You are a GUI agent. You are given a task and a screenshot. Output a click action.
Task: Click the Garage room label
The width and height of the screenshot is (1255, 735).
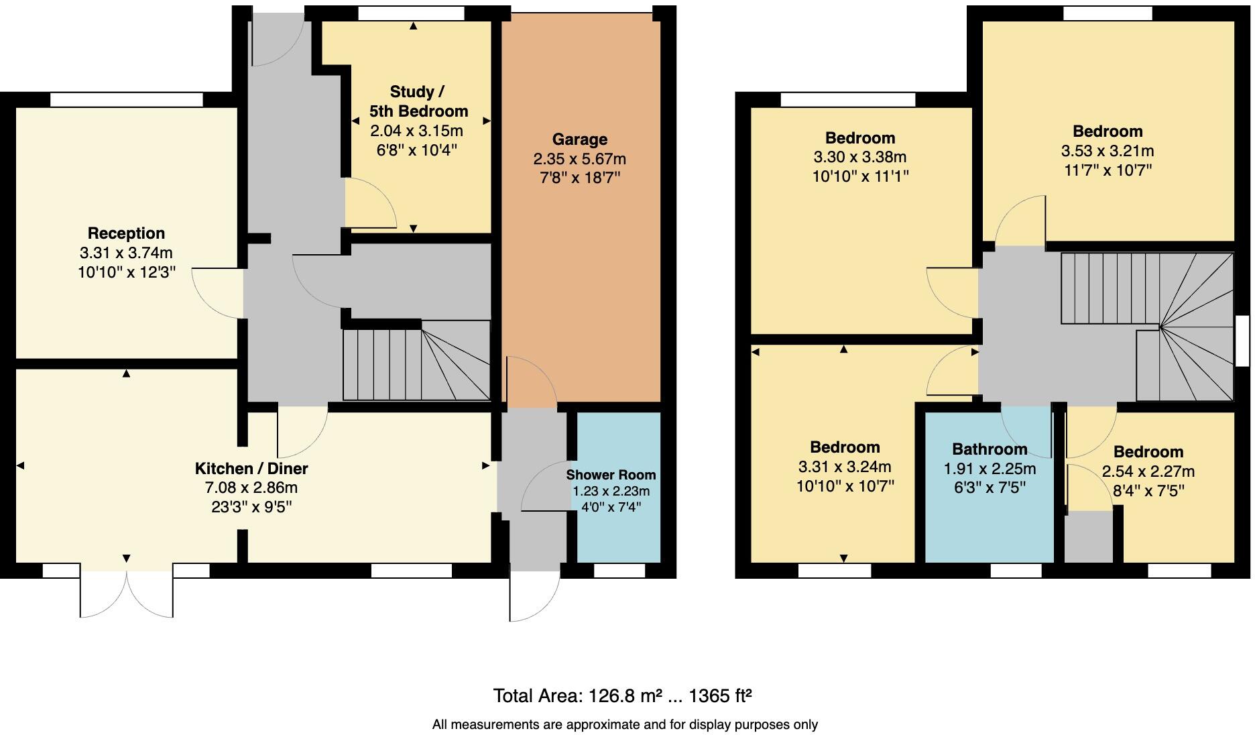tap(579, 139)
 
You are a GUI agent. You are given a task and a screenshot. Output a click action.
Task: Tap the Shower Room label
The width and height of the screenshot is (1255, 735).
tap(611, 475)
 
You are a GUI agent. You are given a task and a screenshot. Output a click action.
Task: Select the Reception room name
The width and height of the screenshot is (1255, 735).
tap(126, 233)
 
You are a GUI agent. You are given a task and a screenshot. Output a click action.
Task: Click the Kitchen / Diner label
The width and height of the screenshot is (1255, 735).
tap(251, 468)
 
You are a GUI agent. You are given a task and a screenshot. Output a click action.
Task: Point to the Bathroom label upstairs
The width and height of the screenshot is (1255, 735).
tap(990, 449)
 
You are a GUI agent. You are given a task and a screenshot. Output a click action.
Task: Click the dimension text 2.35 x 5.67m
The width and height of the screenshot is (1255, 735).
tap(579, 159)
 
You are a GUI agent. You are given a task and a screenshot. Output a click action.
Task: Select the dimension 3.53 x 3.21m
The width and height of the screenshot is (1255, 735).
tap(1107, 151)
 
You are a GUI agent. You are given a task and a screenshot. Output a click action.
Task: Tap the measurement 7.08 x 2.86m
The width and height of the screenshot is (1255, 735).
tap(251, 488)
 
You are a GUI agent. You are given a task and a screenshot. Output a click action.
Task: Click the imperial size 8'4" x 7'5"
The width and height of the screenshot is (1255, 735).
tap(1148, 491)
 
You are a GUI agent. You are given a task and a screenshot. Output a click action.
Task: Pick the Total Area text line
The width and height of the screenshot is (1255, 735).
tap(622, 696)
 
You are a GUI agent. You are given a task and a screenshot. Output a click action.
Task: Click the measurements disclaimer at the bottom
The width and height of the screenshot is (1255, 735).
tap(625, 724)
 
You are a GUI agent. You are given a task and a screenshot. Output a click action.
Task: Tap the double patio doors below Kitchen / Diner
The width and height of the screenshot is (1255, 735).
tap(127, 593)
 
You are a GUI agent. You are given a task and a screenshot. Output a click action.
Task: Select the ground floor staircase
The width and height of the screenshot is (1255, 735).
tap(416, 362)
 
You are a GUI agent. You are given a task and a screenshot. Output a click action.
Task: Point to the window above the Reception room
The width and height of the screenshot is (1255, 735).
tap(126, 100)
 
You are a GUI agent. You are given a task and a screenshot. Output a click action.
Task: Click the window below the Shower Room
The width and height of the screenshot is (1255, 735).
tap(619, 571)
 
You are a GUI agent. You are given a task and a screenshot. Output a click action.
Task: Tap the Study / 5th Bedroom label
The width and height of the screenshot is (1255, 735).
tap(418, 101)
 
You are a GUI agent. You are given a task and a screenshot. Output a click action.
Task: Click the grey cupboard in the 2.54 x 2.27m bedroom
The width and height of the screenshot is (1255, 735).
tap(1088, 536)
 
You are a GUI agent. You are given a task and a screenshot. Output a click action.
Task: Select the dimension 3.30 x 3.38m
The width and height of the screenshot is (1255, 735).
tap(859, 158)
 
